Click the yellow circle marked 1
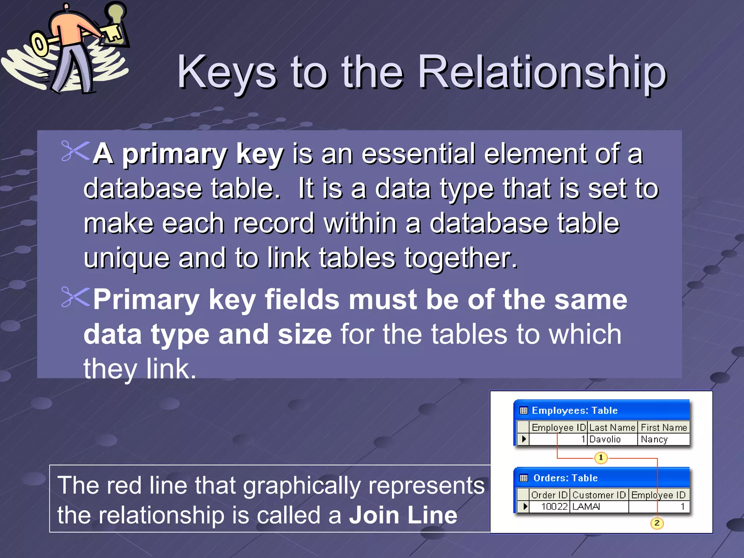[601, 457]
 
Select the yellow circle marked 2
[657, 523]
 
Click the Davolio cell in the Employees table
[605, 439]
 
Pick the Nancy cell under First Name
[654, 439]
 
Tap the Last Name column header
[612, 427]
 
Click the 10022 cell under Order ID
[554, 506]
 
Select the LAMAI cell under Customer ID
[586, 506]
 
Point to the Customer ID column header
[599, 495]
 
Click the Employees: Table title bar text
[575, 411]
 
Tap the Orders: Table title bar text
[565, 478]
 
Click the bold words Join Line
[403, 515]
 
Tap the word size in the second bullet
[304, 334]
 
